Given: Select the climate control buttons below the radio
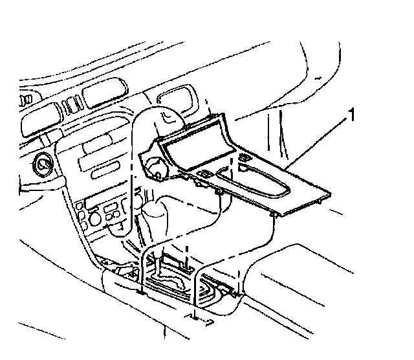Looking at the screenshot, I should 103,210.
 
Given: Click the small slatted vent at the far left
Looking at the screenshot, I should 25,100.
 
